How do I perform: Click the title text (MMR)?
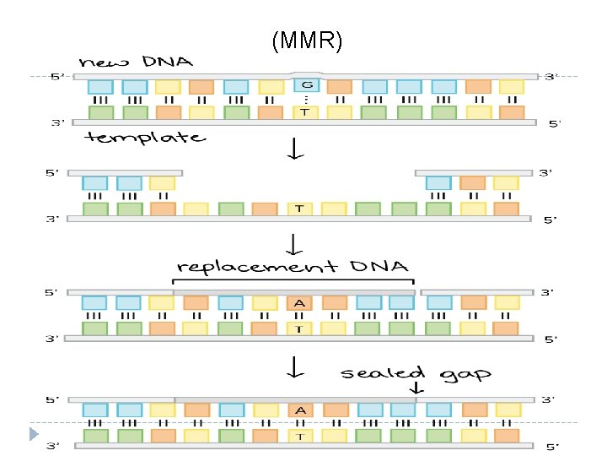[307, 41]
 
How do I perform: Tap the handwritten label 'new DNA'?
[136, 62]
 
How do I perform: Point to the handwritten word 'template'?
[145, 138]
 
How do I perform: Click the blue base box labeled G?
[307, 85]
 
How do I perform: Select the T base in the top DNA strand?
[305, 112]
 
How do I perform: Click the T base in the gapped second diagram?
[299, 209]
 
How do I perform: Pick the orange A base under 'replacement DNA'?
[299, 303]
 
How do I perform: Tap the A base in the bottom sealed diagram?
[300, 410]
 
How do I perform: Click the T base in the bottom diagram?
[300, 437]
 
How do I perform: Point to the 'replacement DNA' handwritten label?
[293, 267]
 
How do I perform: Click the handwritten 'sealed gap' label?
[416, 374]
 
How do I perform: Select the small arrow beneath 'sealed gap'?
[416, 388]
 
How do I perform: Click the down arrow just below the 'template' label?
[295, 149]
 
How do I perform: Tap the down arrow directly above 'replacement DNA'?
[294, 244]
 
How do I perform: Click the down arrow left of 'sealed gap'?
[295, 366]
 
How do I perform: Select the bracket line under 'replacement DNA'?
[293, 280]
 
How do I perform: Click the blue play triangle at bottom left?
[34, 434]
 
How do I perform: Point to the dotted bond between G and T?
[306, 100]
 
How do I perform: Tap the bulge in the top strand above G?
[307, 73]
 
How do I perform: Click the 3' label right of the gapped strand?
[545, 173]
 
